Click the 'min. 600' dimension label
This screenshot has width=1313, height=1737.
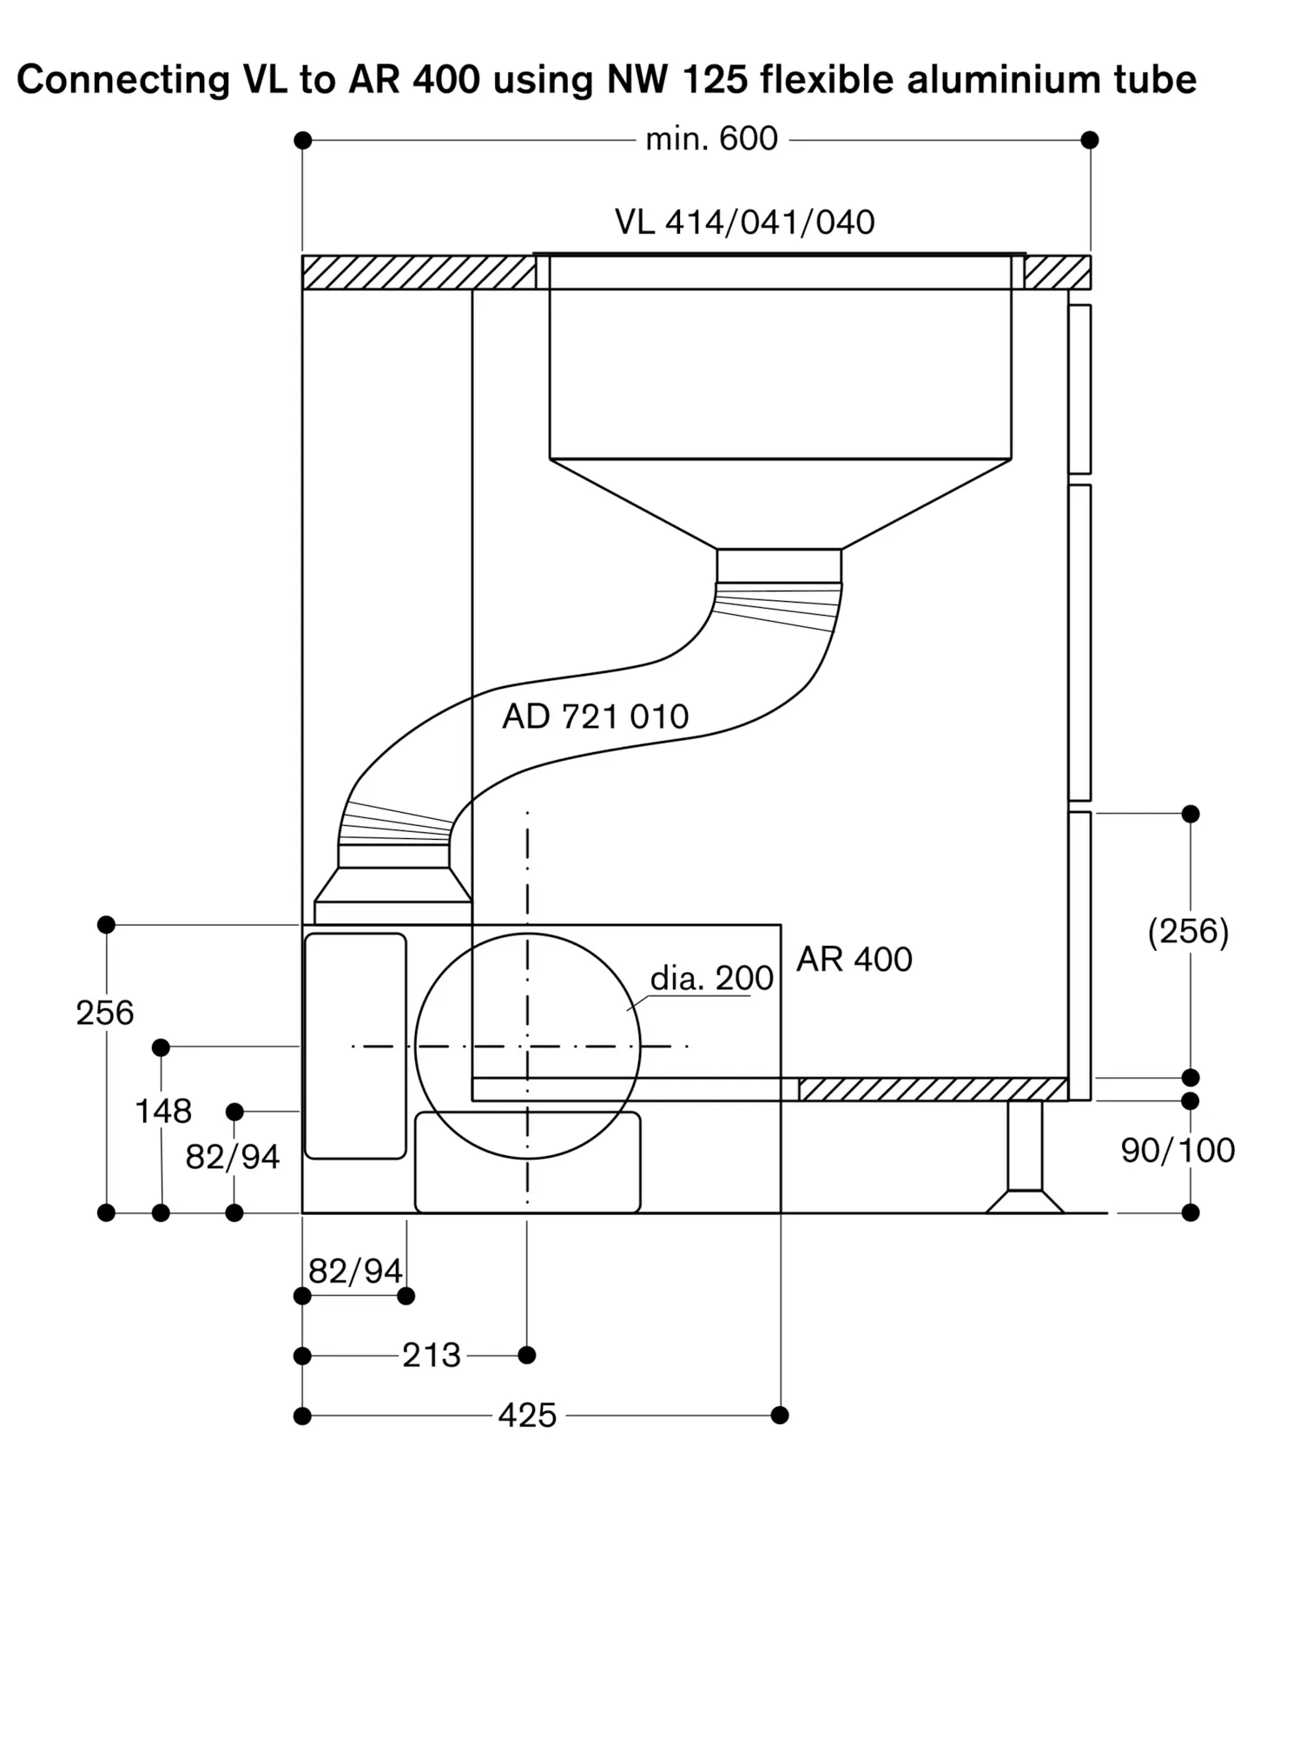pos(711,139)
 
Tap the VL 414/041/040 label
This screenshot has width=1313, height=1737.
pos(744,222)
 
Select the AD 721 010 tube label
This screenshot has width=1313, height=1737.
pos(595,717)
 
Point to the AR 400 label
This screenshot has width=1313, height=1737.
pos(854,960)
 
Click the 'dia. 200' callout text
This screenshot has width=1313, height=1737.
pos(711,979)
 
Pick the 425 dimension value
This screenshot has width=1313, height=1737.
pos(527,1416)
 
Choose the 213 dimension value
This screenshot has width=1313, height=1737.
pos(431,1355)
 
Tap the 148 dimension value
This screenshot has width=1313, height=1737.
pos(163,1111)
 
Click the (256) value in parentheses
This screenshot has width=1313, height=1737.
pos(1188,932)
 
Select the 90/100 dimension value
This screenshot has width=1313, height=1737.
pos(1178,1151)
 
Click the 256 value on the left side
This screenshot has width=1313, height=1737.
pos(105,1013)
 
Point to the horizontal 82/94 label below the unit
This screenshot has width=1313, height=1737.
pos(355,1271)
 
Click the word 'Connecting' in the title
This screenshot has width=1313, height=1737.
pos(123,81)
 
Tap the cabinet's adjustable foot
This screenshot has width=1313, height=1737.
pos(1025,1157)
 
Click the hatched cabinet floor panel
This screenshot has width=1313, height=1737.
pos(933,1089)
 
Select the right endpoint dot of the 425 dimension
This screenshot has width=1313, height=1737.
pos(780,1416)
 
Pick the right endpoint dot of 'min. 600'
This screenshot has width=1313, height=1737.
pos(1090,140)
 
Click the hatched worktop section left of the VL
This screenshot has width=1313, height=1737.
pos(419,272)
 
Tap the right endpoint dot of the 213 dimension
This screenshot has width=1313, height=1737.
pos(526,1355)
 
